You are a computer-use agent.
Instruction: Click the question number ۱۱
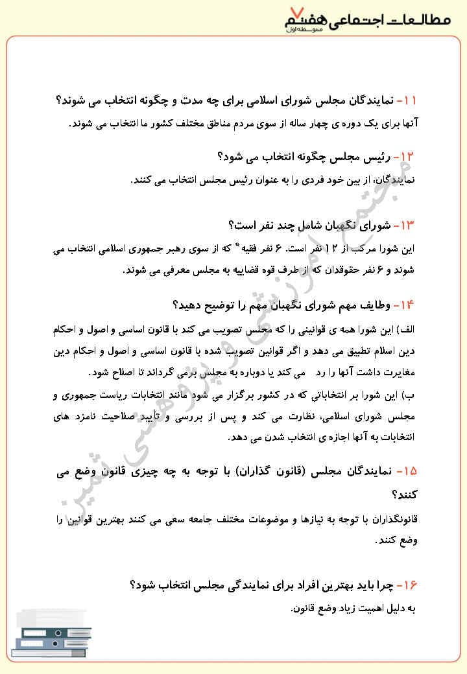pyautogui.click(x=407, y=100)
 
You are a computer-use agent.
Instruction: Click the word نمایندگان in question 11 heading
pyautogui.click(x=366, y=100)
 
